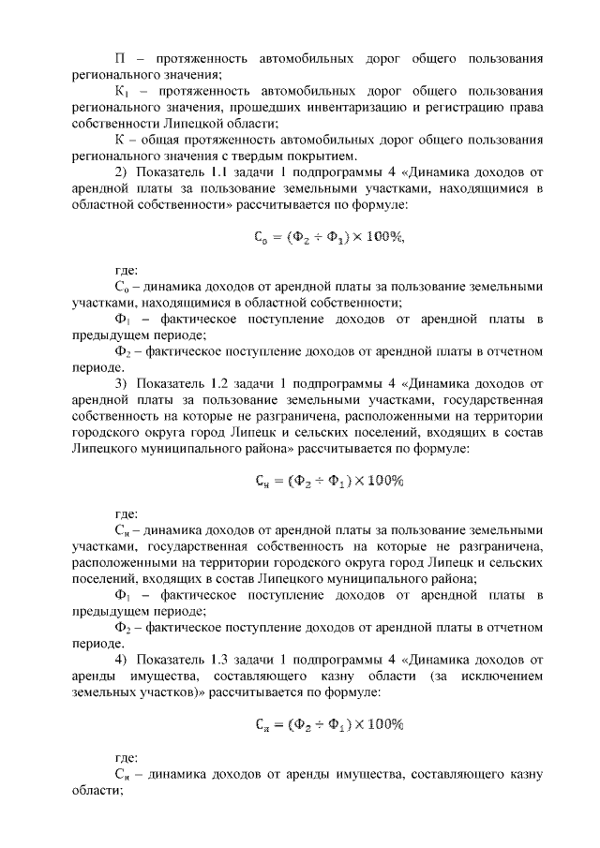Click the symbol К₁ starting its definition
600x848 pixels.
click(122, 92)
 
